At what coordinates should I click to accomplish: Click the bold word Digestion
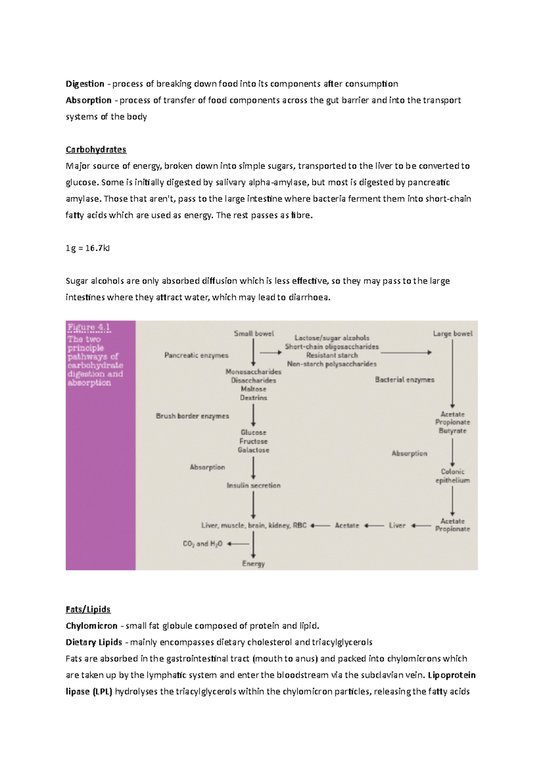85,84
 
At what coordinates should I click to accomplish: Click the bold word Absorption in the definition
88,100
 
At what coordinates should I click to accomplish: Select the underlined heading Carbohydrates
96,150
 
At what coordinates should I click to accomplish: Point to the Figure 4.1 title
89,327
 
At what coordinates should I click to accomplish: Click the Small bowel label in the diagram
253,334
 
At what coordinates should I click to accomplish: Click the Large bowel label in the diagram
452,334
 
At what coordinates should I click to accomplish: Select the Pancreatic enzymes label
196,356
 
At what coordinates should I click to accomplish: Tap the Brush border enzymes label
192,416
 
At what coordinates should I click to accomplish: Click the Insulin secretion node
253,485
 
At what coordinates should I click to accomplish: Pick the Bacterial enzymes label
405,380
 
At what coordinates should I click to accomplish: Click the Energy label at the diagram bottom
253,564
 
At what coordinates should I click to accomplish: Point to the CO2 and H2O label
202,544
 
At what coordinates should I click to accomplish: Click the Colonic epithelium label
452,476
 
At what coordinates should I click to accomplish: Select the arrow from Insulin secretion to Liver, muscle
253,505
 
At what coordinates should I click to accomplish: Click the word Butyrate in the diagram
452,431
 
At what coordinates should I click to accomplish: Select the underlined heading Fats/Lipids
88,610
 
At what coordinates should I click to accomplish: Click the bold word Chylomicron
91,626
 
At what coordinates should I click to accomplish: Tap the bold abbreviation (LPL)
102,692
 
